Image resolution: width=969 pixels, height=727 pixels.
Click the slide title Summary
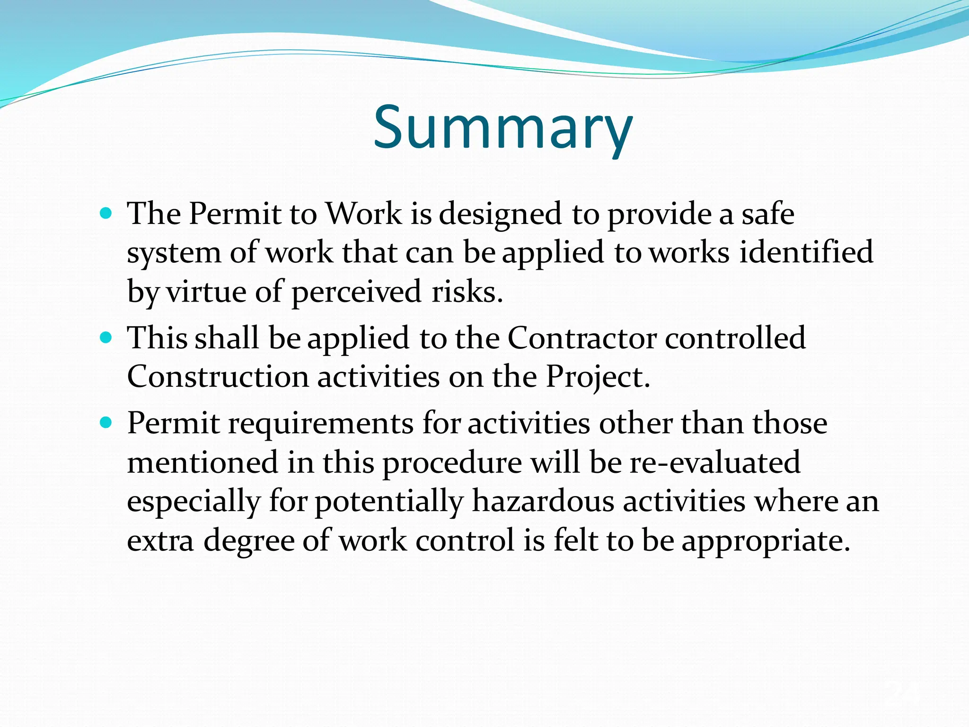point(503,127)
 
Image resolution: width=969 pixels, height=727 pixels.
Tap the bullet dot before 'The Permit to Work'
point(106,213)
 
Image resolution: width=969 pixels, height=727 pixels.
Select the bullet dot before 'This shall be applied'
point(106,338)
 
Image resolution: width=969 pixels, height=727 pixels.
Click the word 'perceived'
point(356,292)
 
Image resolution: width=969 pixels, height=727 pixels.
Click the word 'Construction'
point(218,377)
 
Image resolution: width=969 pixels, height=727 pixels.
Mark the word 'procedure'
point(452,463)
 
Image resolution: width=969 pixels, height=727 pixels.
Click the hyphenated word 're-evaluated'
point(715,462)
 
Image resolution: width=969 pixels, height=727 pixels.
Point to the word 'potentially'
point(389,502)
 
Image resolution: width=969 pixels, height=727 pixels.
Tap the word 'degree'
point(249,541)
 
